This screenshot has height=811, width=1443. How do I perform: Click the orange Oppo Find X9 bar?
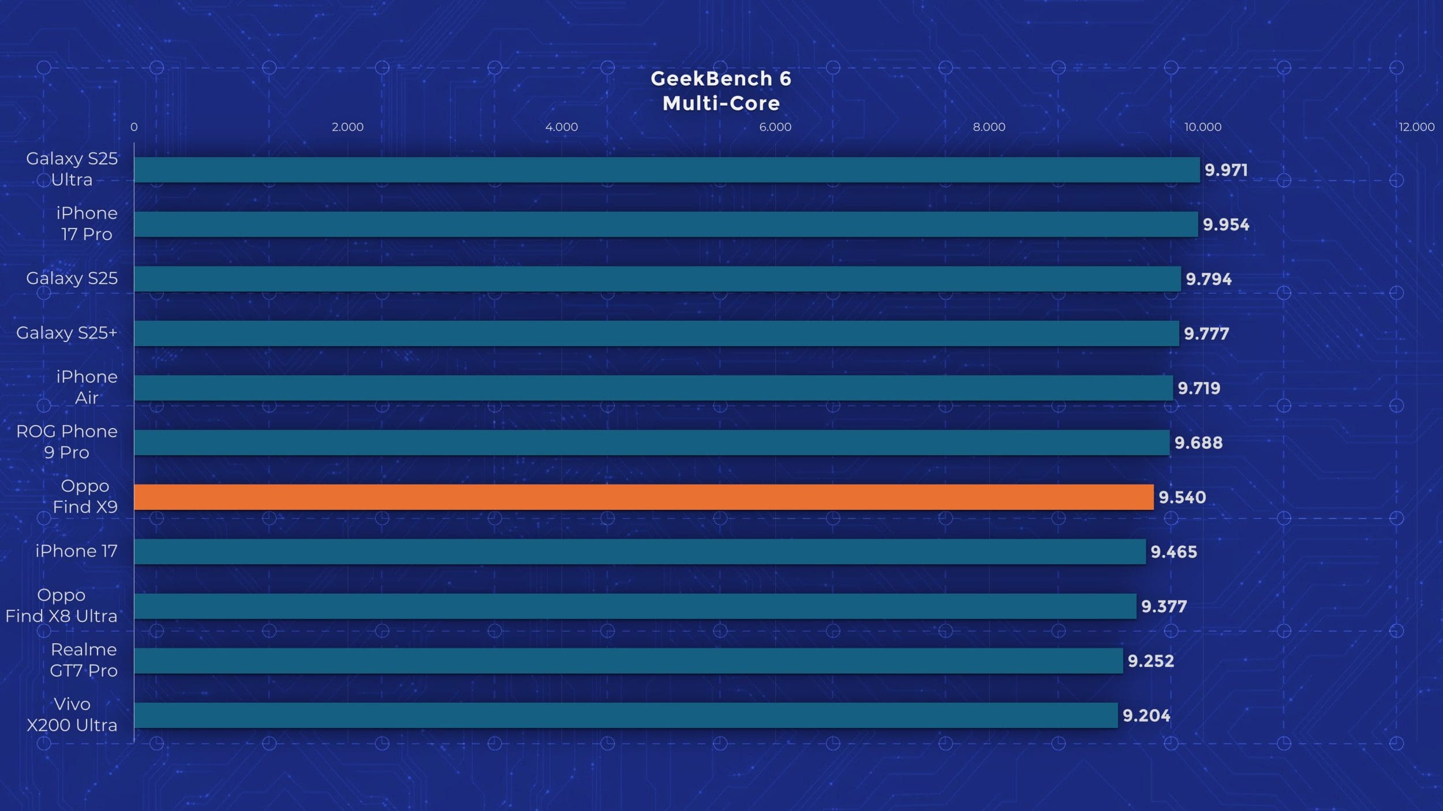pos(644,497)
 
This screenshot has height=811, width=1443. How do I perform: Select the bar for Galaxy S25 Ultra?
pos(667,170)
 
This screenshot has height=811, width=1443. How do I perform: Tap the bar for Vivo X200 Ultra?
pos(626,715)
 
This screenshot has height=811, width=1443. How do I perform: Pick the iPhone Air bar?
pos(653,388)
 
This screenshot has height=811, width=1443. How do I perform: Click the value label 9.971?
pos(1226,170)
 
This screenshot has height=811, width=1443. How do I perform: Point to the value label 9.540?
pos(1182,497)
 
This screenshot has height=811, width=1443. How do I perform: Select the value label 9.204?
pos(1146,715)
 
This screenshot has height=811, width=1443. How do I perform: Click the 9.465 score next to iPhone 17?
pos(1173,552)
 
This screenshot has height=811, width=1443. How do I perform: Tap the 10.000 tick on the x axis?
pos(1203,127)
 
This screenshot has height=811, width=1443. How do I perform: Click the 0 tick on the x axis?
pos(134,127)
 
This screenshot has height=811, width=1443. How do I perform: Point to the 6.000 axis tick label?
pos(775,127)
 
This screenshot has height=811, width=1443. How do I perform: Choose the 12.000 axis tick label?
pos(1416,127)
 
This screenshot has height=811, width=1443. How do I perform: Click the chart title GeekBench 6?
pos(721,78)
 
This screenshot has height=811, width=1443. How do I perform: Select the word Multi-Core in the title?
pos(721,104)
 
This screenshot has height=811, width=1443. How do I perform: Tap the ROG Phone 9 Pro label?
pos(67,442)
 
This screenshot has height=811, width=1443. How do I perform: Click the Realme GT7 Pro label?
pos(84,660)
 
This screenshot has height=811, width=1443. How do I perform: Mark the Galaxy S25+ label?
pos(67,333)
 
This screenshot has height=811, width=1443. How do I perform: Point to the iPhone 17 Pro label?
pos(87,223)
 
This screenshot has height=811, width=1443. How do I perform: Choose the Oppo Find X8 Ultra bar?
pos(635,606)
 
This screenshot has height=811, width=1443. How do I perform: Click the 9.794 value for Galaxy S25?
pos(1208,279)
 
